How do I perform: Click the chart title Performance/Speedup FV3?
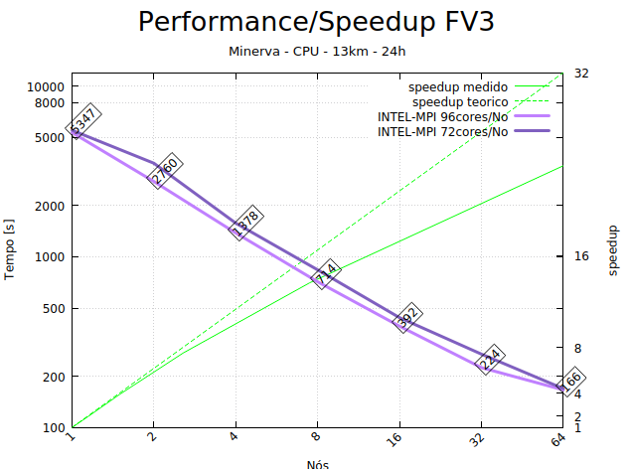coord(315,22)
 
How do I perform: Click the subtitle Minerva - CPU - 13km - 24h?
coord(315,51)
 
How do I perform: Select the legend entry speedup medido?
coord(458,87)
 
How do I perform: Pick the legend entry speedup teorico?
coord(460,102)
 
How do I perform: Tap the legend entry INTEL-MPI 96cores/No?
coord(442,117)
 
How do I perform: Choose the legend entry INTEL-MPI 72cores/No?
coord(442,132)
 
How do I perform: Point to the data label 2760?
coord(165,170)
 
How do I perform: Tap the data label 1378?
coord(245,223)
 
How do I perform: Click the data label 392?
coord(408,318)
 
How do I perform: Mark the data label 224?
coord(490,360)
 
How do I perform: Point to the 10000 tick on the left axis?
coord(46,86)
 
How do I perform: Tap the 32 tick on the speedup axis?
coord(581,74)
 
